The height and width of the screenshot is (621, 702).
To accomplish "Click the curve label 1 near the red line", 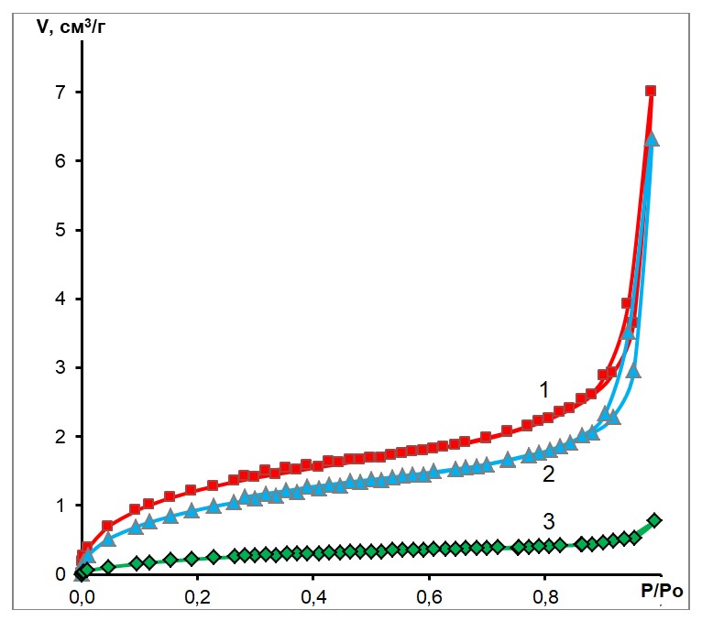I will click(543, 390).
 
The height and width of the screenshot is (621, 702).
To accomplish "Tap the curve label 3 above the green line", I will click(549, 522).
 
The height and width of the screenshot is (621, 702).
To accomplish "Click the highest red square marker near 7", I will click(651, 91).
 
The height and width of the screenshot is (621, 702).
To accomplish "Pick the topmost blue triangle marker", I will click(653, 139).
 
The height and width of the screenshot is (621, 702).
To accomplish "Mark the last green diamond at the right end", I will click(654, 520).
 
